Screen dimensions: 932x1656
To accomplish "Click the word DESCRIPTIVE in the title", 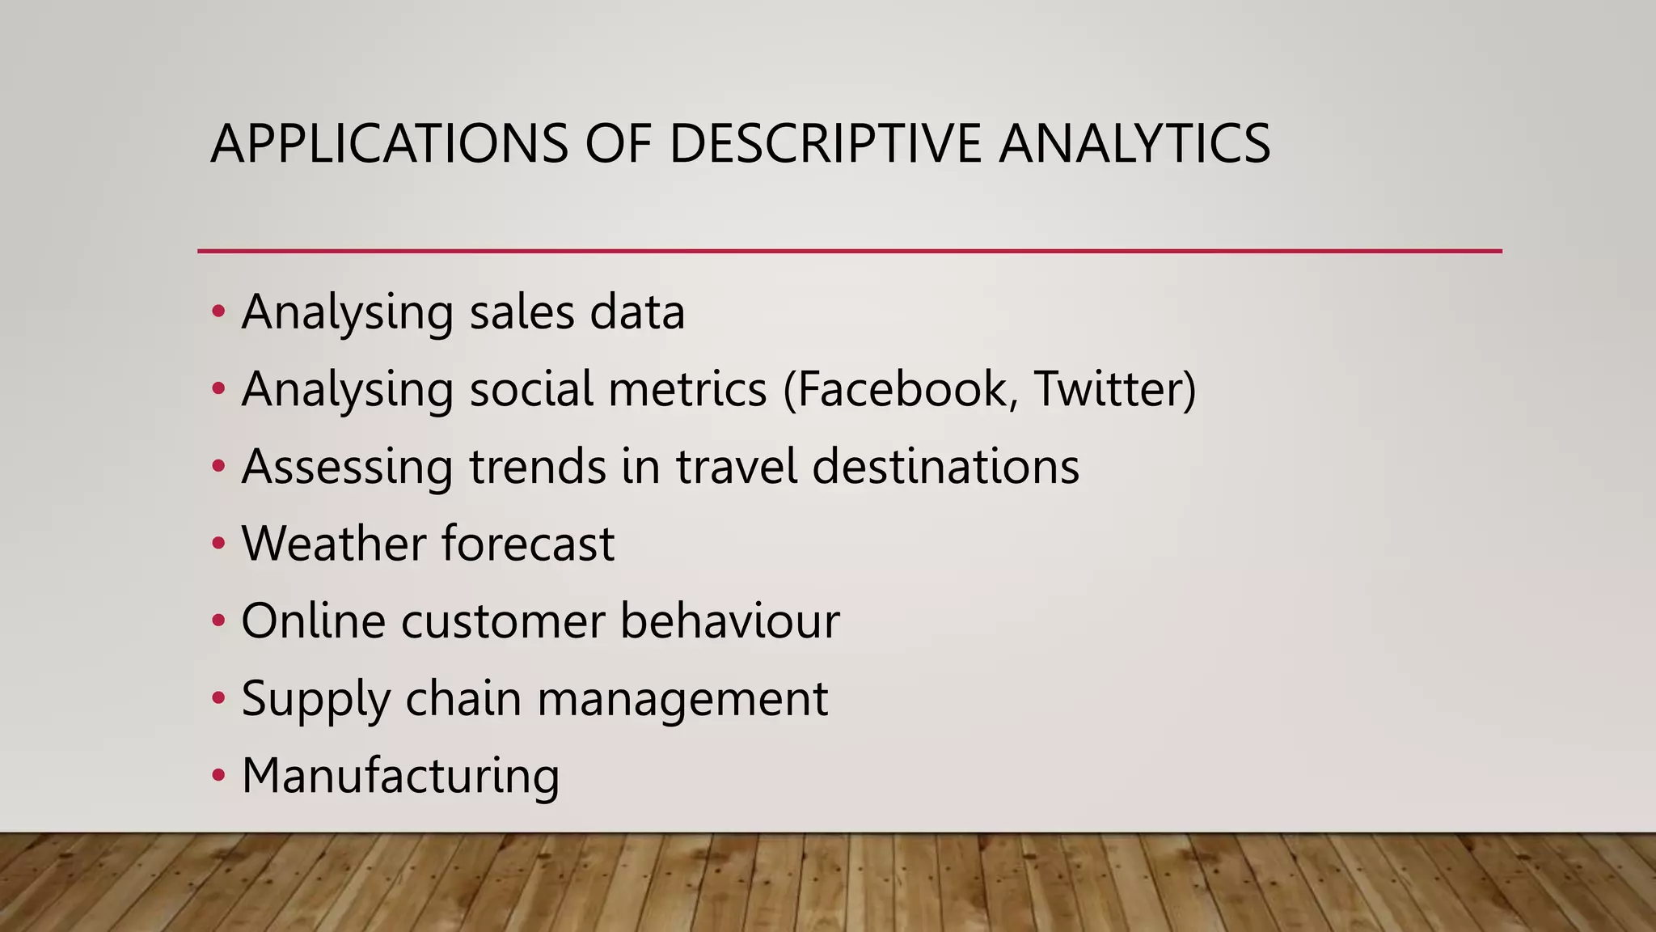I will (x=825, y=144).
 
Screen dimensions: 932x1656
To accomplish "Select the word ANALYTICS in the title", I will (x=1134, y=144).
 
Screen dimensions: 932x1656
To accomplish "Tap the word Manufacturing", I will (x=400, y=775).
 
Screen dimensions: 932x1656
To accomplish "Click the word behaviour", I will (x=730, y=621).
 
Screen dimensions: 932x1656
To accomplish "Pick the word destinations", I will (x=945, y=467).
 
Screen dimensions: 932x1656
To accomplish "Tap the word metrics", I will (x=687, y=389).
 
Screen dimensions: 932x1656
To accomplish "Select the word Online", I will (x=313, y=621).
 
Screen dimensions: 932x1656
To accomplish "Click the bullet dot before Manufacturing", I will (x=218, y=776).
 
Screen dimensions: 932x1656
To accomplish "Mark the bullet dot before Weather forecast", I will (x=218, y=544).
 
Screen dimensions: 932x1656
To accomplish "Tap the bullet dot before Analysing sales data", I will (x=218, y=312).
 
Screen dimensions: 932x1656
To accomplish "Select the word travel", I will (x=737, y=467).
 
